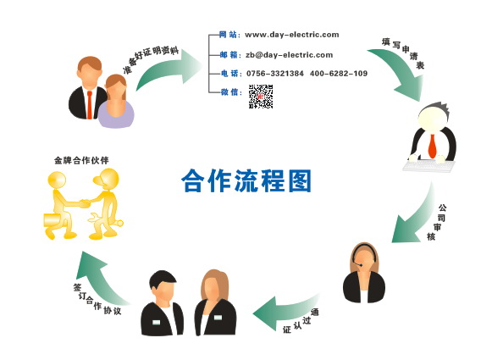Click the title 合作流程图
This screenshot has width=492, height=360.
(246, 180)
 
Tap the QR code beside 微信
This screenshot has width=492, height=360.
(261, 97)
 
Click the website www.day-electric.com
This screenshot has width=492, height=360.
(292, 35)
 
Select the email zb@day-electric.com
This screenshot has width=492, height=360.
(289, 55)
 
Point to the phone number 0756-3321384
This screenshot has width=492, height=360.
(275, 74)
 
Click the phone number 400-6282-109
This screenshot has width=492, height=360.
(339, 74)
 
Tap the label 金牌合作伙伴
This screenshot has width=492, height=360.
(81, 160)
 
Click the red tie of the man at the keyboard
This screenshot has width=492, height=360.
(433, 146)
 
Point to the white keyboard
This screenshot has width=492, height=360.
(429, 166)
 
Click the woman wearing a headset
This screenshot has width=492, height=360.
(364, 273)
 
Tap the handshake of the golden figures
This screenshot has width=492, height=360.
(84, 203)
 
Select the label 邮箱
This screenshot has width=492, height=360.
(229, 55)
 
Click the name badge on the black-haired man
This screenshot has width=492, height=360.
(156, 322)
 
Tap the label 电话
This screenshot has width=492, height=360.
(229, 74)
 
